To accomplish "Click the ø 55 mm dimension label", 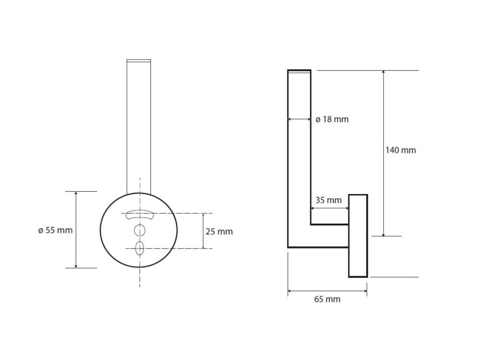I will coord(55,230).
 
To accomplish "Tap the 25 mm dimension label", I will coord(219,232).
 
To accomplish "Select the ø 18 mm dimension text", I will coord(332,120).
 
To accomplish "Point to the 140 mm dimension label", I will coord(400,150).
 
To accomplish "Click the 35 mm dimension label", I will coord(328,200).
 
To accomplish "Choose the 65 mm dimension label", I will coord(327,299).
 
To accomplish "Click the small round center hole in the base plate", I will coord(139,230).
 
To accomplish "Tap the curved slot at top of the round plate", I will coord(139,214).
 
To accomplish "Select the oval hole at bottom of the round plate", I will coord(139,248).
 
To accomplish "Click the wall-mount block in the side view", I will coord(358,235).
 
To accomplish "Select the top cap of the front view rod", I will coord(139,60).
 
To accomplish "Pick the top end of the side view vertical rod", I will coord(299,71).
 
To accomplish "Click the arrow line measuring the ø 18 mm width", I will coord(299,120).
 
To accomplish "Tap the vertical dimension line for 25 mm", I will coord(203,231).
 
